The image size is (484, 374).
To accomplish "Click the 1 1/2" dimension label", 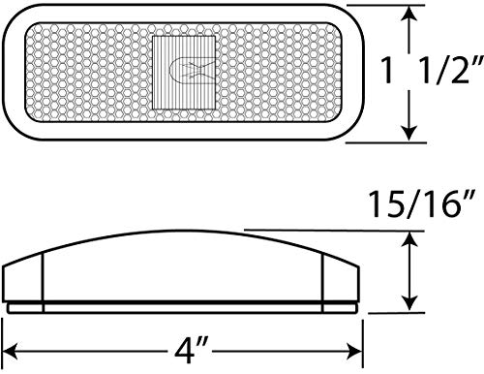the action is point(432,70).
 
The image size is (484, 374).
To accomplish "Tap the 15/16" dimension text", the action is point(422,203).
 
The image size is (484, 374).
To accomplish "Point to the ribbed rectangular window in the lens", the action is point(184,73).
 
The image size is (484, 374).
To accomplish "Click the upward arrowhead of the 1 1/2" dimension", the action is point(409,15).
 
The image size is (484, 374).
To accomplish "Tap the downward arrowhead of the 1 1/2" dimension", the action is point(409,134).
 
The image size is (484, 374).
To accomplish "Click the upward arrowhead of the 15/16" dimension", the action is point(409,239).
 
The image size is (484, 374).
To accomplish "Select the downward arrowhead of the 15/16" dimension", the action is point(409,304).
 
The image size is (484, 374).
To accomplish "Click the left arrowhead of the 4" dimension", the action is point(10,351).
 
